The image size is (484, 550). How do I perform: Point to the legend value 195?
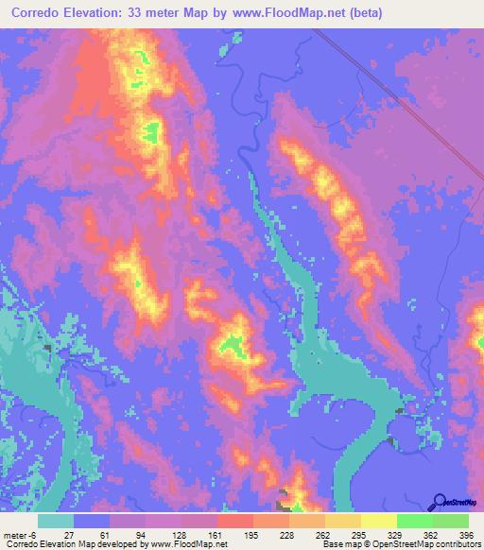[252, 534]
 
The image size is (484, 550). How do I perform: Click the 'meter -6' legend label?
[20, 534]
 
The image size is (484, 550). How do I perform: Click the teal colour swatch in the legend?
[56, 521]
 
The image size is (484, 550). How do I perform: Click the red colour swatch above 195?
[234, 521]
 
